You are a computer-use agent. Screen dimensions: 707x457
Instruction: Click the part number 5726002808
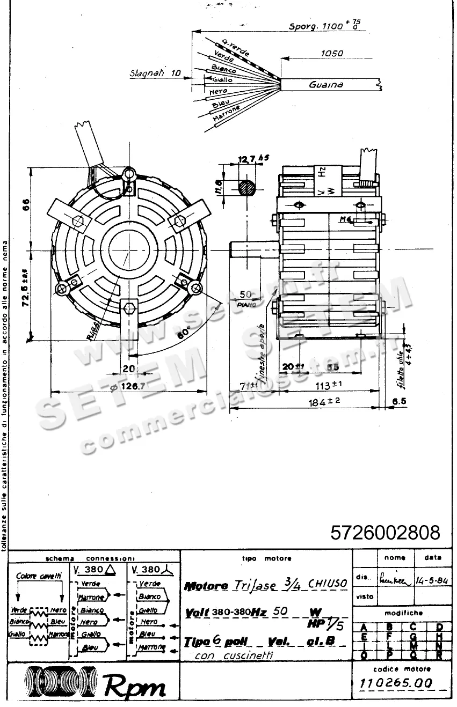(385, 533)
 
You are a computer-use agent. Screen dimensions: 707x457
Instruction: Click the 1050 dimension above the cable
(332, 54)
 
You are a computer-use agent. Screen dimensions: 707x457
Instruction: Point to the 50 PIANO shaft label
(246, 297)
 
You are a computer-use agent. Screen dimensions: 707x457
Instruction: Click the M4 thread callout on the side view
(347, 219)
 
